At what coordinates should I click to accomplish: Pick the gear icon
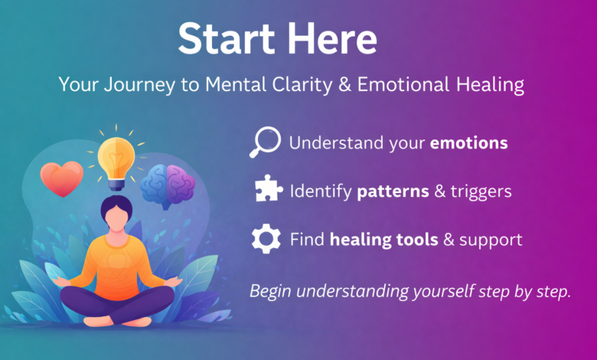point(266,240)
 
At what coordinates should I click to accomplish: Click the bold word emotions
point(469,143)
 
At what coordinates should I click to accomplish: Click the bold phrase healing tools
point(383,240)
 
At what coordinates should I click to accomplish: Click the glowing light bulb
point(117,159)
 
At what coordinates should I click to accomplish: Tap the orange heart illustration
point(62,178)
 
